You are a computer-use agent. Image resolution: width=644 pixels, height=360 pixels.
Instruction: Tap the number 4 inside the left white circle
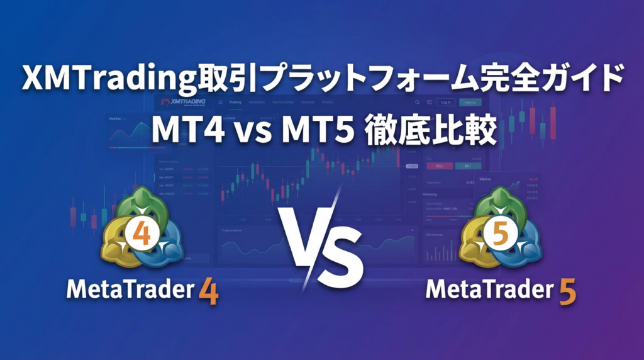pos(142,235)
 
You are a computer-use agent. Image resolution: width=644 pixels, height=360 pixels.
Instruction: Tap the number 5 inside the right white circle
pos(501,235)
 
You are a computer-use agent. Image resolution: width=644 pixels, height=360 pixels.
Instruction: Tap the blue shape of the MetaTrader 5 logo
pos(525,248)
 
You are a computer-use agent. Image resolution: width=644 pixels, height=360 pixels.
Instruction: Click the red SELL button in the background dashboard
pos(438,166)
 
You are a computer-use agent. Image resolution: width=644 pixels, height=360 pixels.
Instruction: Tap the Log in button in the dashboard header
pos(445,102)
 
